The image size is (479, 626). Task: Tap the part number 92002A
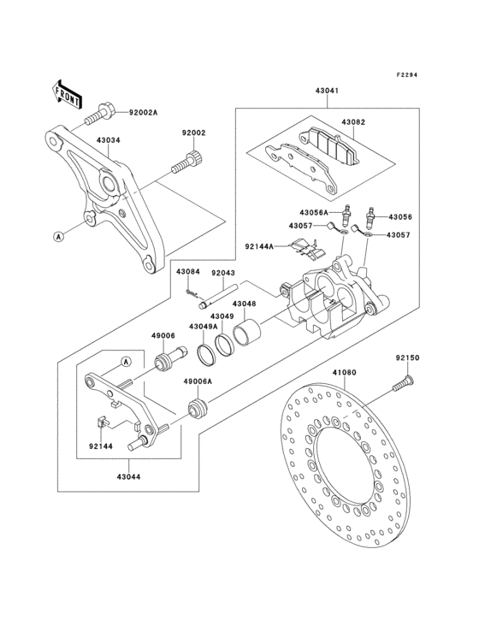pyautogui.click(x=144, y=113)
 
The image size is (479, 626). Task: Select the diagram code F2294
pyautogui.click(x=408, y=75)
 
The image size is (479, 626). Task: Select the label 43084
pyautogui.click(x=187, y=272)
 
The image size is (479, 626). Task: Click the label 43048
pyautogui.click(x=245, y=304)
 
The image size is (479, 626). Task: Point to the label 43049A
pyautogui.click(x=202, y=327)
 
